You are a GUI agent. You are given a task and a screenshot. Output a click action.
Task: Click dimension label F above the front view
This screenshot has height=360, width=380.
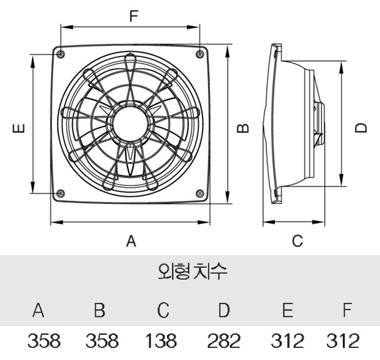click(132, 17)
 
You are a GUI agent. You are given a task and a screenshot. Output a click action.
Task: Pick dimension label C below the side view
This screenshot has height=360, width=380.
click(298, 240)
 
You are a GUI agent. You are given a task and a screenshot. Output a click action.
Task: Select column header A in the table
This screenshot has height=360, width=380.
click(39, 310)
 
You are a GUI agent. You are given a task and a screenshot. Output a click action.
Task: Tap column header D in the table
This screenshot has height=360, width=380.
click(225, 310)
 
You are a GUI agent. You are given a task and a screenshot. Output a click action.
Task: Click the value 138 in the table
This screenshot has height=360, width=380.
click(161, 342)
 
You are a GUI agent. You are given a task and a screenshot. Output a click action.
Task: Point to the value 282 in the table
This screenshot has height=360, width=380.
click(225, 342)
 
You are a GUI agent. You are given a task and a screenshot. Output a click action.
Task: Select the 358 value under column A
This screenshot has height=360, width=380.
click(44, 342)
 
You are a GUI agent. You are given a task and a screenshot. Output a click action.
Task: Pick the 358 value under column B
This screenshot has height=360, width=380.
click(103, 342)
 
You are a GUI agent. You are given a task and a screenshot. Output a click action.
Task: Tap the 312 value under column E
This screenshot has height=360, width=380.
click(288, 342)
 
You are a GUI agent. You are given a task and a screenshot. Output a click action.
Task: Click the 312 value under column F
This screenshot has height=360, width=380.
click(343, 342)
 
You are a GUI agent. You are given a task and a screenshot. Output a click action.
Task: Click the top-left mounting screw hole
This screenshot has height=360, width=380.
click(61, 53)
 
